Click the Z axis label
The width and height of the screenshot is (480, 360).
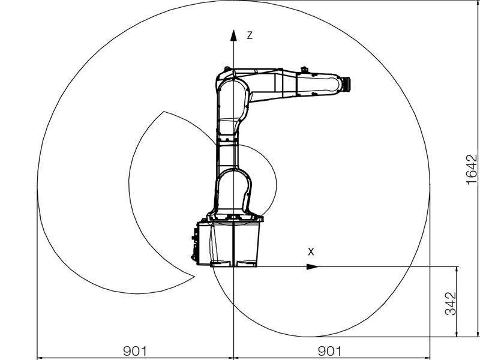click(x=250, y=35)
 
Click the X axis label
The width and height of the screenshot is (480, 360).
click(x=311, y=252)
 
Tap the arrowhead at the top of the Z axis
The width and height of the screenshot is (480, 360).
click(x=233, y=35)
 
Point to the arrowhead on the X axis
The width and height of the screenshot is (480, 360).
click(x=313, y=266)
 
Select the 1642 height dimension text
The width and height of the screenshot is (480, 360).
click(x=472, y=169)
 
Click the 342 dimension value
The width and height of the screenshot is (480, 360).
click(x=451, y=304)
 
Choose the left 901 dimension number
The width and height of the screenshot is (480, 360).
click(x=135, y=351)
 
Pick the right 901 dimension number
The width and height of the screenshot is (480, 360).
click(x=329, y=351)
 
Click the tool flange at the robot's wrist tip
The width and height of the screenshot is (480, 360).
click(x=347, y=84)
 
